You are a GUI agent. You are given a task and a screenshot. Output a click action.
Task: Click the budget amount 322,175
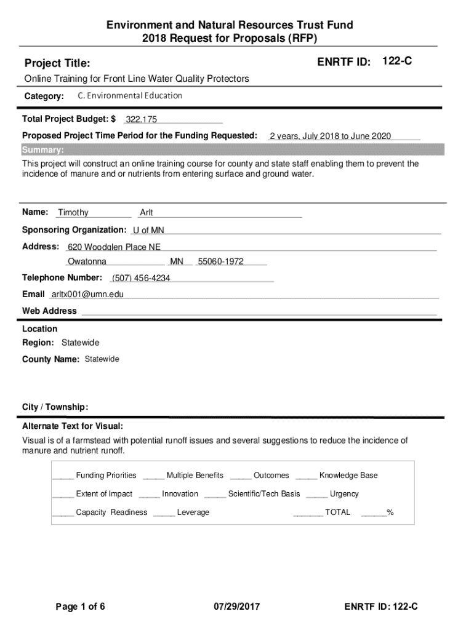coord(141,119)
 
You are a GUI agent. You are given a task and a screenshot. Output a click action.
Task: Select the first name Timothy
coord(73,213)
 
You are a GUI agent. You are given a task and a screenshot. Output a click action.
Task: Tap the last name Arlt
coord(147,213)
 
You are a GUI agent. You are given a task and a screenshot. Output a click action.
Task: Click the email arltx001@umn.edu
coord(87,295)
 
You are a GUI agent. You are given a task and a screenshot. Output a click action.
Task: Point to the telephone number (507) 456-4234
coord(141,279)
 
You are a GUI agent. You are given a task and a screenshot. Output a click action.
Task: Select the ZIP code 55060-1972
coord(220,262)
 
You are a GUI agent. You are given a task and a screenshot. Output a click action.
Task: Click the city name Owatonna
coord(87,262)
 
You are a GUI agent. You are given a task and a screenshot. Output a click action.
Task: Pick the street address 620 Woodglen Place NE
coord(114,247)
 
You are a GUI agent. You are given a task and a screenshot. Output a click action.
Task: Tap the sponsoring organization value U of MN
coord(149,231)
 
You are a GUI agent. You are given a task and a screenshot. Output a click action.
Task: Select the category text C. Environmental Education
coord(130,96)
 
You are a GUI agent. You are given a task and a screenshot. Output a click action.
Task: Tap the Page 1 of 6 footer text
coord(81,607)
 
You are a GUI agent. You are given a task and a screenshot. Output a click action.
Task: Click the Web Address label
coord(49,311)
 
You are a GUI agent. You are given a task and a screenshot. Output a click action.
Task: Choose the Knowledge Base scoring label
coord(348,476)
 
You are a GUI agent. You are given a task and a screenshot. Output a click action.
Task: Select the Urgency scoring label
coord(344,494)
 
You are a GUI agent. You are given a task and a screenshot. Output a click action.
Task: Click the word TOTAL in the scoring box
coord(337,512)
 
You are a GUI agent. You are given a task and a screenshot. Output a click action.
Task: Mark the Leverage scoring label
coord(193,512)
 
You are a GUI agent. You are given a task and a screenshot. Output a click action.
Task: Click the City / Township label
coord(55,407)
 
